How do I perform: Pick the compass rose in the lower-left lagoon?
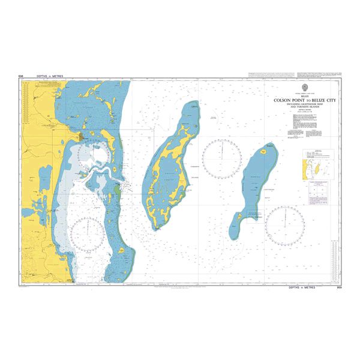tap(88, 234)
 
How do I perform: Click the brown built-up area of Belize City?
tap(80, 137)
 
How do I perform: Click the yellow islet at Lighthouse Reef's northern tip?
tap(269, 146)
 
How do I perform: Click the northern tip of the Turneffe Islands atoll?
tap(192, 104)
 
